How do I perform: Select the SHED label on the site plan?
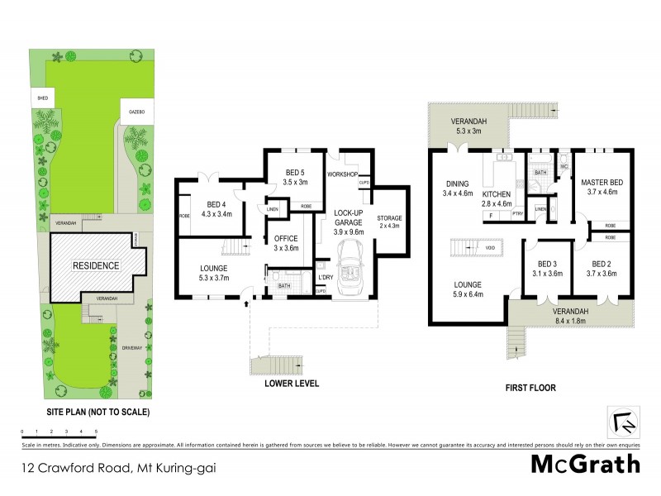(41, 98)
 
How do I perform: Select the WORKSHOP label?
(341, 175)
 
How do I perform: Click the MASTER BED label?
(602, 182)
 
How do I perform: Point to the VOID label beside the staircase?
(491, 247)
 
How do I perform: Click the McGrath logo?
(584, 464)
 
